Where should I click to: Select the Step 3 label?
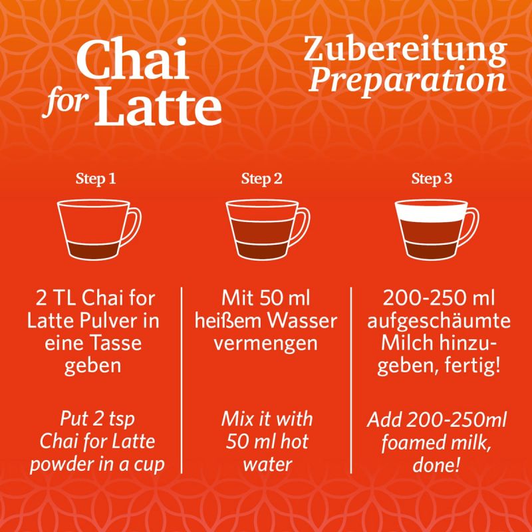432,178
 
